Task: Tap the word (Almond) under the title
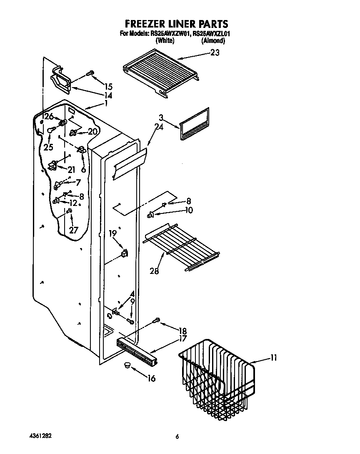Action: (x=213, y=41)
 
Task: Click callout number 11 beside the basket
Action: (x=273, y=357)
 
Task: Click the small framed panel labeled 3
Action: (x=194, y=124)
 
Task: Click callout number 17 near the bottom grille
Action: (x=183, y=339)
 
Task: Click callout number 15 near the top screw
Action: (x=108, y=87)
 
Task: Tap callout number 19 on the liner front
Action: (x=112, y=233)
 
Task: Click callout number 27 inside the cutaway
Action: (x=73, y=230)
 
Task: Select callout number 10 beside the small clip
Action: (x=189, y=210)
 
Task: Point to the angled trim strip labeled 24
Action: (x=130, y=162)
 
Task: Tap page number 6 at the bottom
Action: (x=177, y=436)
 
